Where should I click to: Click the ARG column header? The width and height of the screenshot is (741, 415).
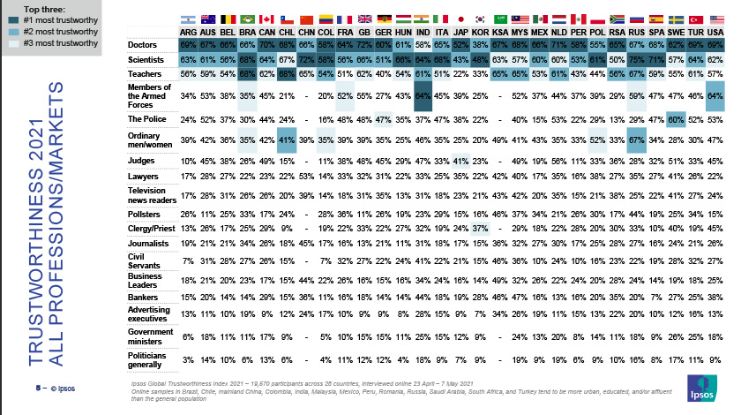187,29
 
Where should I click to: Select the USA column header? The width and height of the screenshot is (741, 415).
715,29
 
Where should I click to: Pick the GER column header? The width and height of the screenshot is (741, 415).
383,29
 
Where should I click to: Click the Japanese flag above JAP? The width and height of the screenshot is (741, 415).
460,18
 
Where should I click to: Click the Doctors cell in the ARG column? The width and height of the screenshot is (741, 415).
187,43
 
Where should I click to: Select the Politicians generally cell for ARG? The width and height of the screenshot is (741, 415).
187,360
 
